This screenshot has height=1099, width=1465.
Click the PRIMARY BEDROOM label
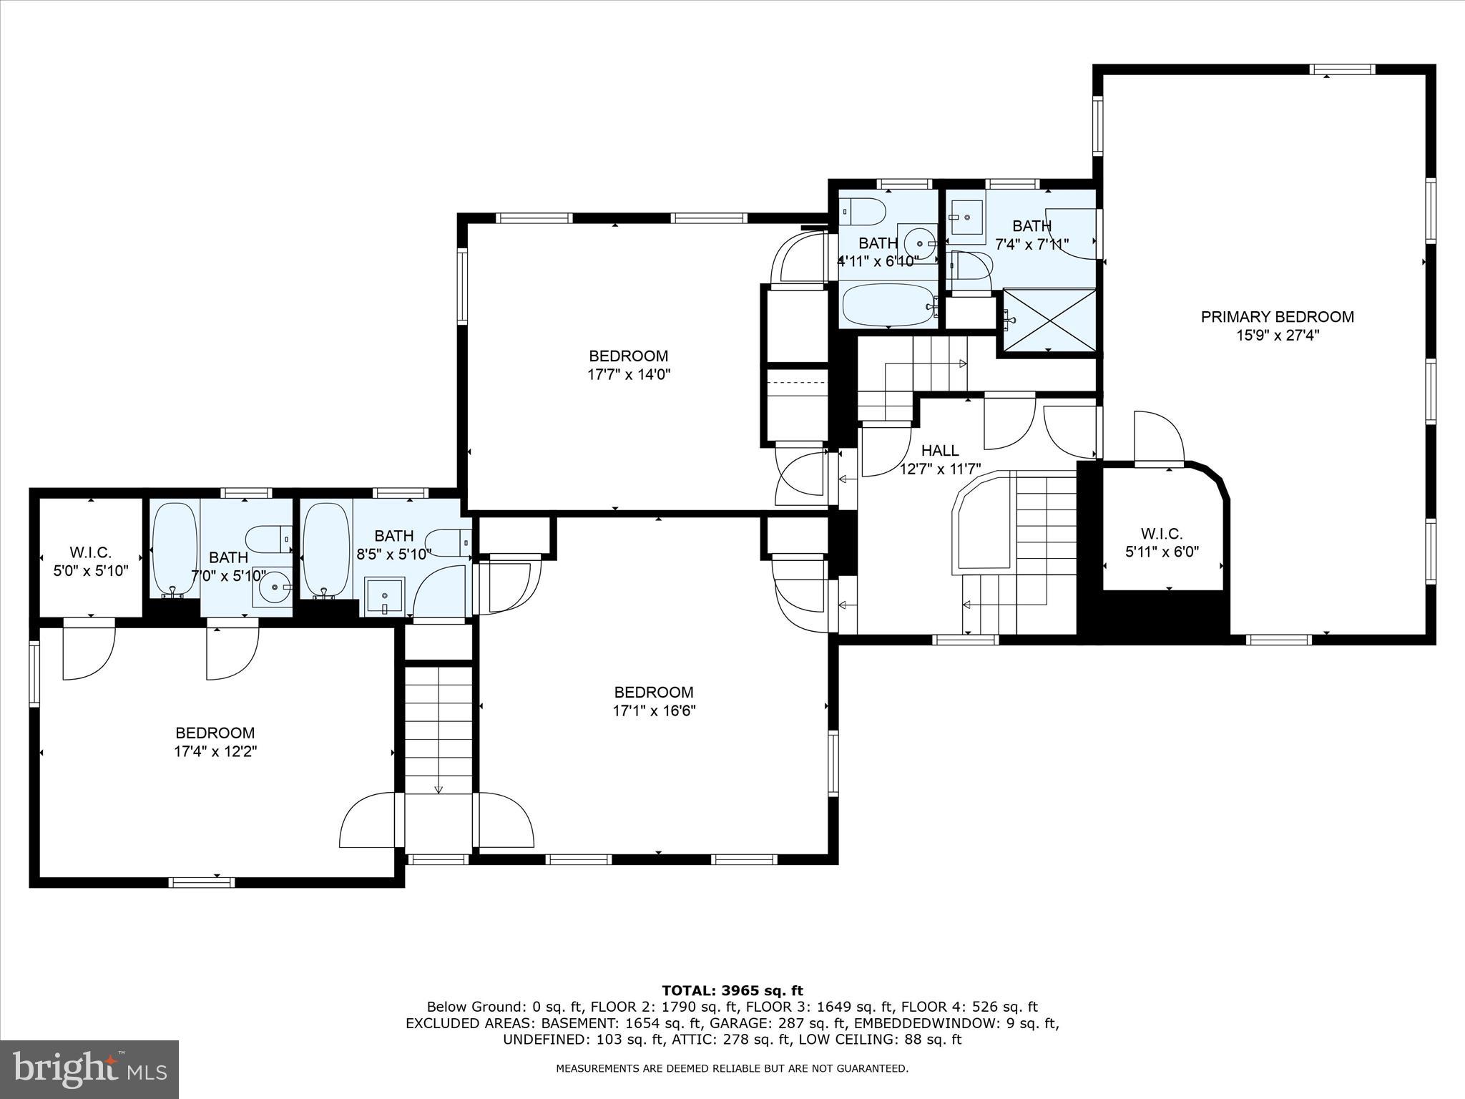1277,317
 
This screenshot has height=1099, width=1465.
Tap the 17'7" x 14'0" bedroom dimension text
629,374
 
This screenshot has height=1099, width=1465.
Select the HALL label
939,451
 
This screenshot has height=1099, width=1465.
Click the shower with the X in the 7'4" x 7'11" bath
1049,320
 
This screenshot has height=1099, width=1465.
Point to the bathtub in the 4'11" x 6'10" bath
888,306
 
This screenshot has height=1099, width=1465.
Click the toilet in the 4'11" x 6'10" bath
863,212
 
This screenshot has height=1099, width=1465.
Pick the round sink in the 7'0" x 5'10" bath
273,587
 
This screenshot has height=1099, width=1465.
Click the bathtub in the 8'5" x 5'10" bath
325,549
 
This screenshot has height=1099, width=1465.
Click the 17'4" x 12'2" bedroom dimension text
215,751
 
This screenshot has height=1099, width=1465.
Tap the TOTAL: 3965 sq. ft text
732,991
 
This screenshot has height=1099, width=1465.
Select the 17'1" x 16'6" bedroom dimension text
654,710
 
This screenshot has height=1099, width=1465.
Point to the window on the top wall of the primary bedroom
1342,69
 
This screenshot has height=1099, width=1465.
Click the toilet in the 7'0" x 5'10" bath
268,539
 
